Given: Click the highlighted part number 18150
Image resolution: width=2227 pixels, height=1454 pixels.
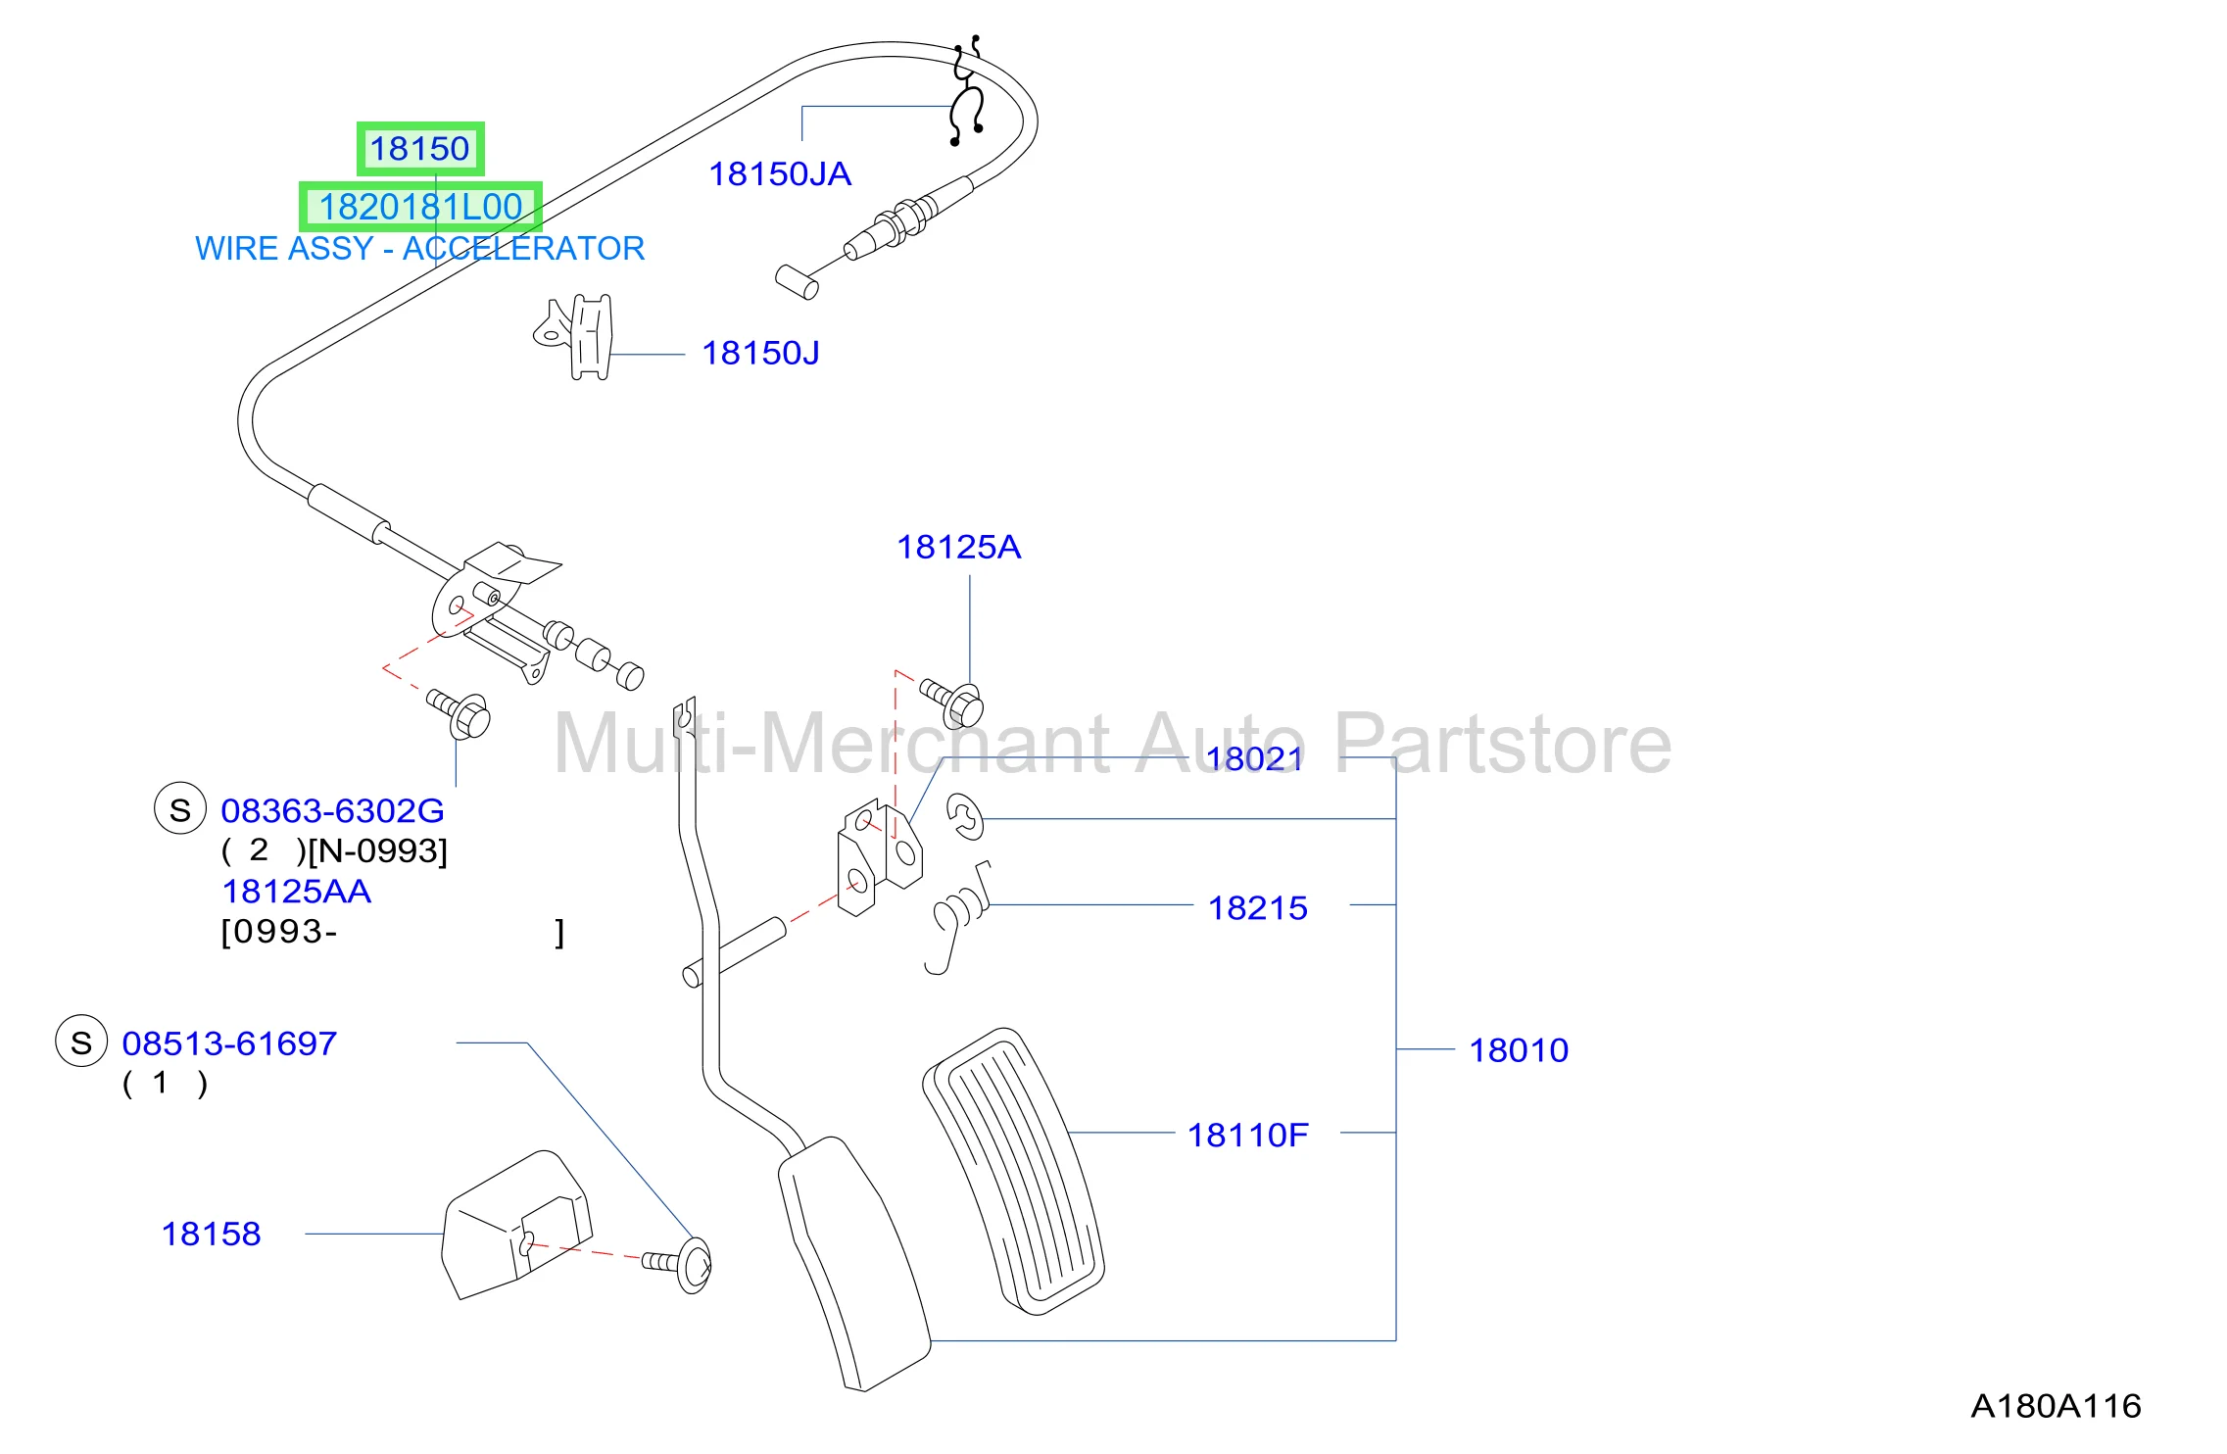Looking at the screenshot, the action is (x=419, y=149).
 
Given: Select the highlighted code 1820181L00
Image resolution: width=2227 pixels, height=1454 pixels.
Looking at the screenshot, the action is (x=420, y=207).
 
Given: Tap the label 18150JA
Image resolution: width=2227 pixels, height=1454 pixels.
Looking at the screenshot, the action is (x=780, y=174).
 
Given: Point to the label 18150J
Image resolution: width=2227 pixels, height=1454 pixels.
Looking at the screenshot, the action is (x=760, y=354).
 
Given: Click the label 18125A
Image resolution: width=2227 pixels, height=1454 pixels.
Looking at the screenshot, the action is (x=959, y=547).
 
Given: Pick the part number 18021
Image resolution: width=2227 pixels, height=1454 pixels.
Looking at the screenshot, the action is (x=1254, y=758).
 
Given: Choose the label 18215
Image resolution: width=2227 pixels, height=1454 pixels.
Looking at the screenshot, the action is (x=1257, y=908).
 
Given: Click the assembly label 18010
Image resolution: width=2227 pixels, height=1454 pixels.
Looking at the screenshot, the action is (x=1519, y=1050).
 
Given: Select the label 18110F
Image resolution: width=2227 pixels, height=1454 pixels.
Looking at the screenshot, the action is (x=1247, y=1136).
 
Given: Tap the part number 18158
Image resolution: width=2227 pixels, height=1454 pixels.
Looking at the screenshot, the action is (x=211, y=1235).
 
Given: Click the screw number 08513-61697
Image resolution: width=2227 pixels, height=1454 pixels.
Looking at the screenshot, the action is (x=229, y=1044).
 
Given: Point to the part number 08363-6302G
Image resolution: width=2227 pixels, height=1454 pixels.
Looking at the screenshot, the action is (x=332, y=811).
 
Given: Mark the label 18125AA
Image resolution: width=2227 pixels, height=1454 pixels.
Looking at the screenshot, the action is (x=296, y=892).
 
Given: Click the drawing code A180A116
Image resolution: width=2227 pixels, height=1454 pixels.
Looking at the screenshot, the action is (x=2056, y=1407).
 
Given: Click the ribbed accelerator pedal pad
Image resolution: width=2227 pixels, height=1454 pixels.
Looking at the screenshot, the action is (x=1013, y=1171).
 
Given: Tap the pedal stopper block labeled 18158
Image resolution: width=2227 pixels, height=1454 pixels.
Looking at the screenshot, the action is (x=516, y=1226).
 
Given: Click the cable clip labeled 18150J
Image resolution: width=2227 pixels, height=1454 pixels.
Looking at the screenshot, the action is (x=578, y=337).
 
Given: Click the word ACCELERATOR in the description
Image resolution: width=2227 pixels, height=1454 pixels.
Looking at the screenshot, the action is (x=523, y=249).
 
